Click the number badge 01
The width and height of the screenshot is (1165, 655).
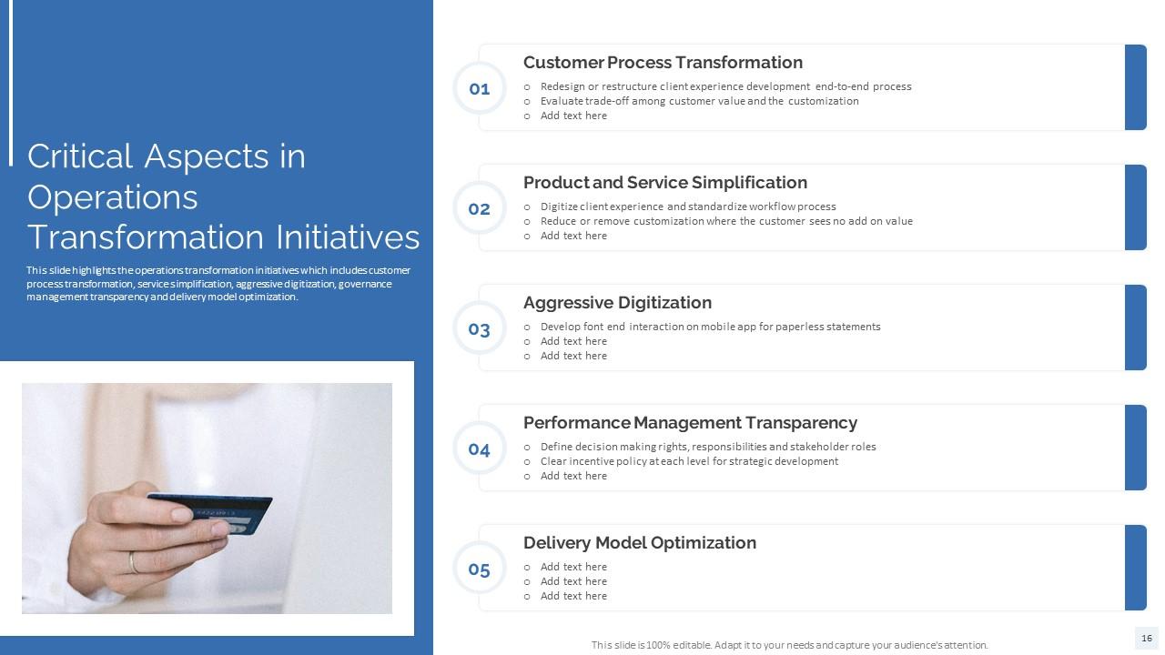(480, 88)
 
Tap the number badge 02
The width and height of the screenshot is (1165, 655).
(480, 208)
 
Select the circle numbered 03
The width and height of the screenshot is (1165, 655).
(480, 328)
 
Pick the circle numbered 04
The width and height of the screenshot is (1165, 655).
(480, 448)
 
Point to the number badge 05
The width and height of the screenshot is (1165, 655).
(480, 569)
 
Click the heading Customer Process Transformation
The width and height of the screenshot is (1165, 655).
(663, 63)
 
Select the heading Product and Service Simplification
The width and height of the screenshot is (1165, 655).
(664, 183)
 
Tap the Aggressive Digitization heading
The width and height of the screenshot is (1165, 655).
(617, 303)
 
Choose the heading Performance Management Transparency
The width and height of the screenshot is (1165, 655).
(690, 423)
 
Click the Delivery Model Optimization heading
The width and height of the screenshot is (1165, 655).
(639, 543)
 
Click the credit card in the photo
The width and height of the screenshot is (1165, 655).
(215, 513)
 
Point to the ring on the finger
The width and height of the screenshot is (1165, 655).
(134, 562)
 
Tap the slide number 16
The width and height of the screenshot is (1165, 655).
(1146, 639)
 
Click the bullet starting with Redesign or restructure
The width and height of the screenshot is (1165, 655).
(725, 86)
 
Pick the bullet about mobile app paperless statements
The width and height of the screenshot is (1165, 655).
(710, 327)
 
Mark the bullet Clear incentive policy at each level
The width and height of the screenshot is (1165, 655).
(689, 461)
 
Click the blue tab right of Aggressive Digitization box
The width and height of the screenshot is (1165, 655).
(1135, 327)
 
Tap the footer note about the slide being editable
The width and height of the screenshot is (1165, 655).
(789, 645)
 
